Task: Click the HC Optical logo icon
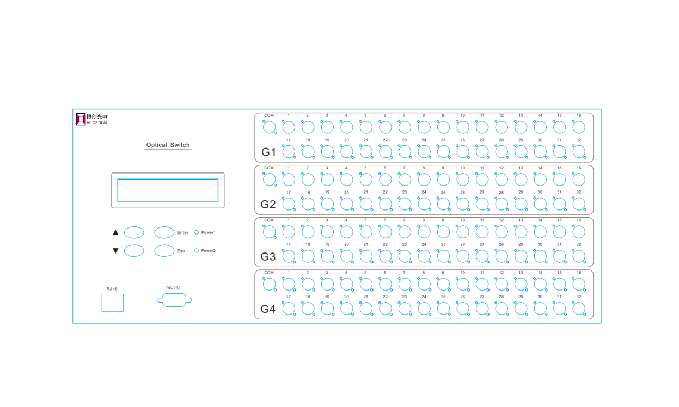81,119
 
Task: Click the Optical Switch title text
168,145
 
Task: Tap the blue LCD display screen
168,190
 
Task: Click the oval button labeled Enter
164,232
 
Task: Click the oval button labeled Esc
164,251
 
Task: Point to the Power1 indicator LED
197,232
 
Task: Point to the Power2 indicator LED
197,251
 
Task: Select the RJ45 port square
113,303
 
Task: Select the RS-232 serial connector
174,300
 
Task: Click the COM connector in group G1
269,127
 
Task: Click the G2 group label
268,205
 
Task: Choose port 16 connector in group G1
579,127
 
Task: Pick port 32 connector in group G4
579,309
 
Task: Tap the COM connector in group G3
269,232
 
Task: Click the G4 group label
268,309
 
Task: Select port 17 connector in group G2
289,204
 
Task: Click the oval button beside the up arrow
134,232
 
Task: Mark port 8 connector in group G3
424,232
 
